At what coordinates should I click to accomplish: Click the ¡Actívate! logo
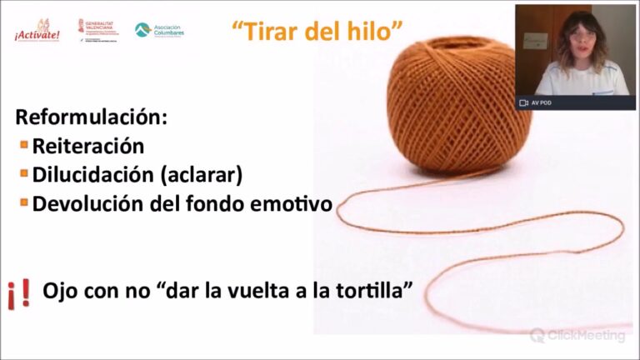(37, 31)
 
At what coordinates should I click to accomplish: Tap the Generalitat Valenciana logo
(98, 29)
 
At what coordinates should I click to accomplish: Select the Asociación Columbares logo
(159, 30)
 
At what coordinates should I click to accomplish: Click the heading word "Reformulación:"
(91, 117)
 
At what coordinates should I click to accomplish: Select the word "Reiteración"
(87, 147)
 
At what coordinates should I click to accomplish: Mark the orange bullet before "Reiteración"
(24, 145)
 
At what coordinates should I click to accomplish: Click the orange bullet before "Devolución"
(24, 202)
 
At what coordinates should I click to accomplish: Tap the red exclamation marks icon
(20, 293)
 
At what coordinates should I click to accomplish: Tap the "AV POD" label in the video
(542, 102)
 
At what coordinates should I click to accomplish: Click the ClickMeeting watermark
(577, 336)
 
